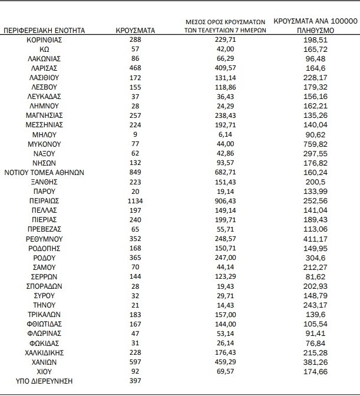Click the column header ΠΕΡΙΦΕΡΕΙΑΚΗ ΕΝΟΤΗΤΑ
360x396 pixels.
pyautogui.click(x=44, y=29)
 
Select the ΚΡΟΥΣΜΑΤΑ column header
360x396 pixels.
pyautogui.click(x=136, y=29)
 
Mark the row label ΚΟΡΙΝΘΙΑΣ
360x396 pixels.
pyautogui.click(x=45, y=39)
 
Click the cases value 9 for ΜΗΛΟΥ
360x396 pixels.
pyautogui.click(x=136, y=134)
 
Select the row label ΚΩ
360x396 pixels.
pyautogui.click(x=45, y=49)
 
